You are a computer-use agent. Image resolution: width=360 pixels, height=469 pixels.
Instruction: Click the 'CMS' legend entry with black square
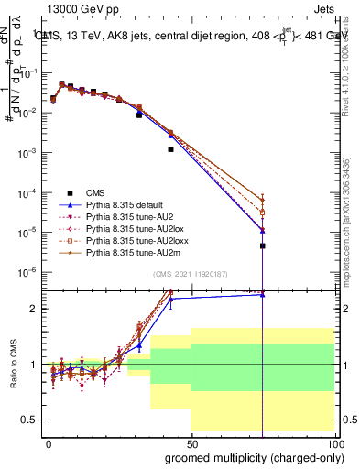[x=95, y=193]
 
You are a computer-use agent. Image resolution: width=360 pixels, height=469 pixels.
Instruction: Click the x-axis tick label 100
[x=334, y=442]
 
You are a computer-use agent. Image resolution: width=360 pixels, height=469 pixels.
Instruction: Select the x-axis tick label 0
[x=49, y=442]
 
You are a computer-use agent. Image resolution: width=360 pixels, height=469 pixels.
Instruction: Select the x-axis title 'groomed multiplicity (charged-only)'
[x=251, y=457]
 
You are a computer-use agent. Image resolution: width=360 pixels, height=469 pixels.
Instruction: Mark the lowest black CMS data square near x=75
[x=263, y=245]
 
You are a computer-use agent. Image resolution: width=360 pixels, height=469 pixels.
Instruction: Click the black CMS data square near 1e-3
[x=171, y=148]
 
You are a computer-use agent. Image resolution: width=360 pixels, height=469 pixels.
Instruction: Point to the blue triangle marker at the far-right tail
[x=263, y=229]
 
